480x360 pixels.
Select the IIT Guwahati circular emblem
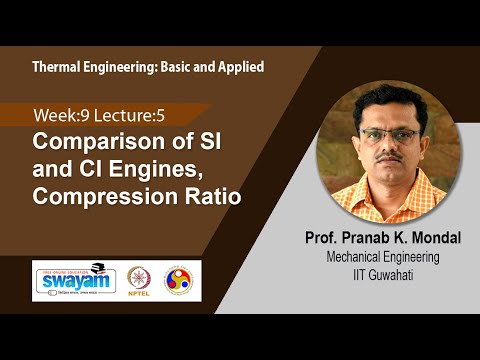181,278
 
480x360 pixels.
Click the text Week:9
61,115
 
